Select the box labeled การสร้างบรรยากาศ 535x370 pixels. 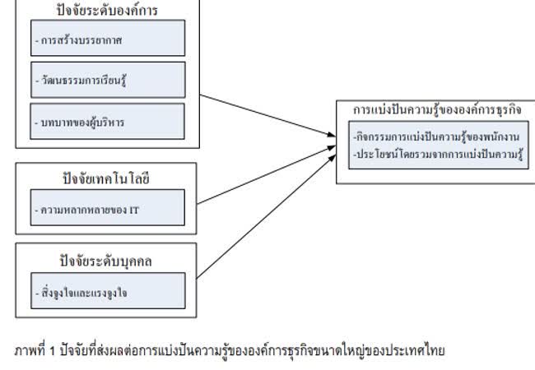(x=108, y=38)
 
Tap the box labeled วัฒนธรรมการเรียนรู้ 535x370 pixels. (x=108, y=80)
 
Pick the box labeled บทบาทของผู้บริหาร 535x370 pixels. (x=108, y=121)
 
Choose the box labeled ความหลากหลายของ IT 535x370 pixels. (x=108, y=209)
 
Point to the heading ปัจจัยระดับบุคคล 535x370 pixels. (x=108, y=261)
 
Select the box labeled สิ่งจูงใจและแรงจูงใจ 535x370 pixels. (x=108, y=291)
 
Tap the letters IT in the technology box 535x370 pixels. (x=133, y=210)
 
